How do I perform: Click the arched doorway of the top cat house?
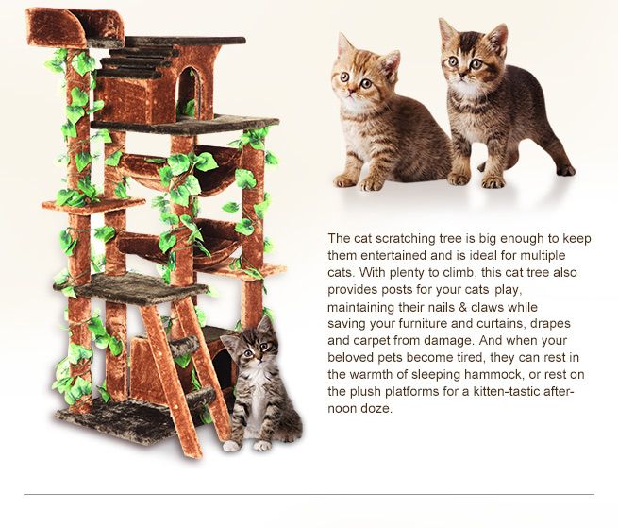pyautogui.click(x=188, y=94)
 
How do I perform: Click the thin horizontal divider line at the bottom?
pyautogui.click(x=309, y=494)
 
